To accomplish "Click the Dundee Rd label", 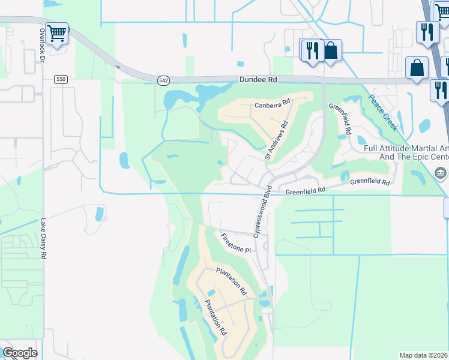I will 258,79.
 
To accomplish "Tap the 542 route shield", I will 164,80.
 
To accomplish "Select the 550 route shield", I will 59,79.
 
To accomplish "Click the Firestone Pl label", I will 235,243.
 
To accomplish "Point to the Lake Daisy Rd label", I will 43,238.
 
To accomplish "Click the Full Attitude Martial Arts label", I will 406,148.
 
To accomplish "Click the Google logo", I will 20,353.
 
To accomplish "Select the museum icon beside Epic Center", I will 441,174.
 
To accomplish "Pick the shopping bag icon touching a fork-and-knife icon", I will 331,50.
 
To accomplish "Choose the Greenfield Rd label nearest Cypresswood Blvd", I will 305,191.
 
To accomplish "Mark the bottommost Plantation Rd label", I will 215,317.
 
